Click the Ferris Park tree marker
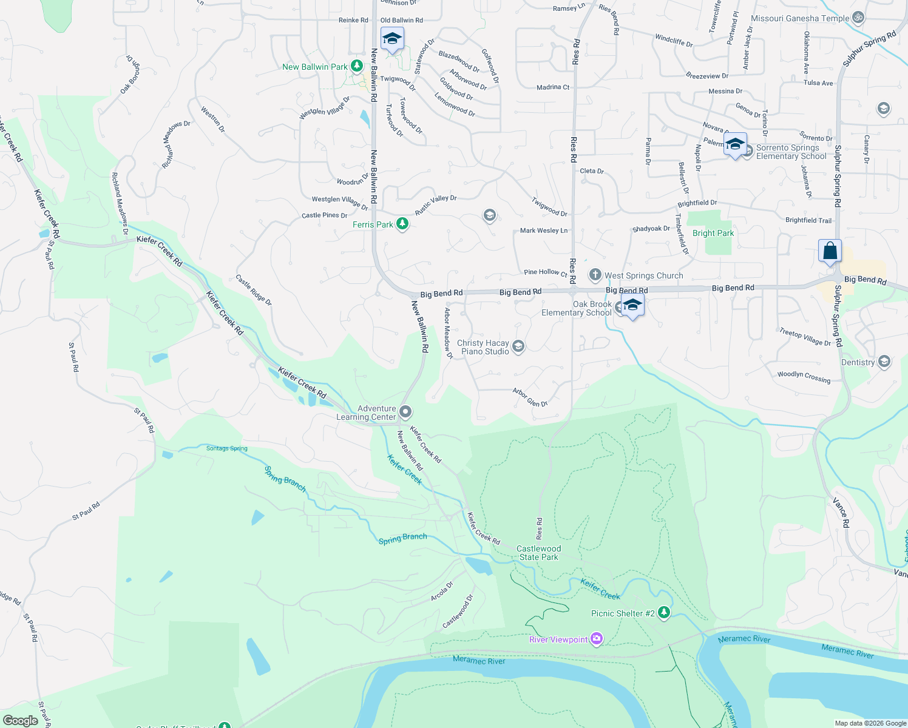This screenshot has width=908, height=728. [x=402, y=224]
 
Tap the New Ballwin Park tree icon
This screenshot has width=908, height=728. [x=357, y=66]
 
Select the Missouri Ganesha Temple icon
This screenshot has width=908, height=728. [x=858, y=18]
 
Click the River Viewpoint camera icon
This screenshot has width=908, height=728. [x=597, y=638]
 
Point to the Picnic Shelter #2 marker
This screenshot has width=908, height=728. [x=664, y=613]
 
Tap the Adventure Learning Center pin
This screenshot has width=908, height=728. [x=406, y=413]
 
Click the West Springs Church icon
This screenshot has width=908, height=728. [x=595, y=275]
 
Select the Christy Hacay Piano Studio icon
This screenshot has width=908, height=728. [x=518, y=346]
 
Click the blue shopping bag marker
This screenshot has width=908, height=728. [x=830, y=251]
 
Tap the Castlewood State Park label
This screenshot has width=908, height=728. [x=538, y=553]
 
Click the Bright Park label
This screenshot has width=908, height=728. [x=713, y=233]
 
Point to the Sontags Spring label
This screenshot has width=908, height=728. [x=226, y=448]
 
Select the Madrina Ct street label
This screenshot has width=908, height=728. [x=553, y=87]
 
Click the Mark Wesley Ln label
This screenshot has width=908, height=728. [x=544, y=231]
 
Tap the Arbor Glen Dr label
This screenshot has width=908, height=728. [x=530, y=397]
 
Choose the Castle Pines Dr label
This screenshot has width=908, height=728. [x=324, y=215]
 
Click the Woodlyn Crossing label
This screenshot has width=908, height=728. [x=804, y=376]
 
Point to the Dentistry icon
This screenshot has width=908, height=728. [x=884, y=362]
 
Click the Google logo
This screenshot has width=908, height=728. [x=20, y=720]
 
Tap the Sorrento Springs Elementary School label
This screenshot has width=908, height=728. [x=791, y=152]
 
